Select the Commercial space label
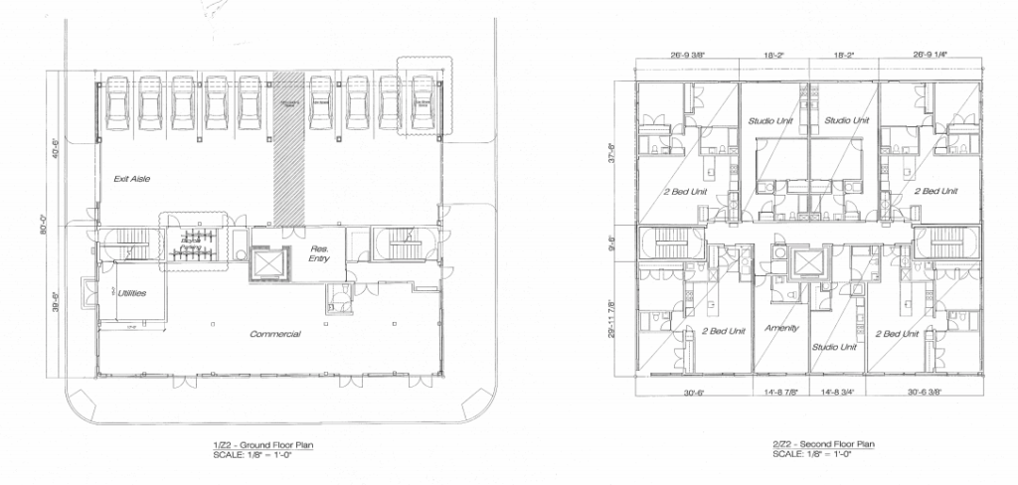coord(274,334)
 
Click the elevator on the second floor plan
coord(808,263)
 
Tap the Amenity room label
coord(781,328)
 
